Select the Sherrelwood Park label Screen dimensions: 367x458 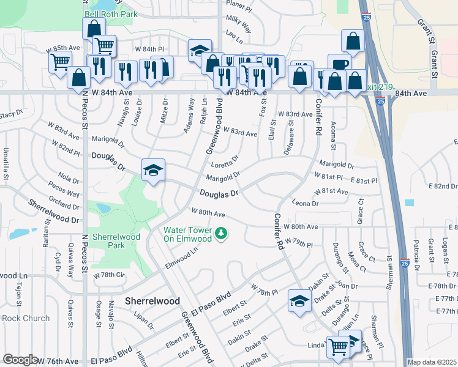tap(116, 241)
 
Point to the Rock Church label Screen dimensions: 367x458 tap(26, 317)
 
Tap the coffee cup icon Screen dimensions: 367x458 tap(339, 64)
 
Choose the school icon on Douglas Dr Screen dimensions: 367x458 tap(154, 169)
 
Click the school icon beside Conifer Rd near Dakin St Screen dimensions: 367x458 tap(299, 301)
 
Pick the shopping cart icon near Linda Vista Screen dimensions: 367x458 tap(337, 346)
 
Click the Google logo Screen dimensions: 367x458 tap(20, 360)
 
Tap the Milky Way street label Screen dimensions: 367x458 tap(239, 24)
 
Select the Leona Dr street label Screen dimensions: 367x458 tap(306, 203)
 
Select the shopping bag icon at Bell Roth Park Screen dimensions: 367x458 tap(94, 28)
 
